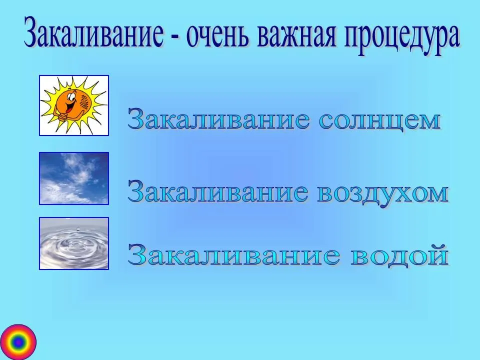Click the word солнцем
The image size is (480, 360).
click(379, 119)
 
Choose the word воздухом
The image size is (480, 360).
click(382, 193)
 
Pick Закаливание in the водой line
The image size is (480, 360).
click(234, 254)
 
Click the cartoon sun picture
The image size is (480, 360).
click(74, 105)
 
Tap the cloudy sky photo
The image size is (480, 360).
click(74, 178)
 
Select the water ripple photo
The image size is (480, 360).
click(74, 243)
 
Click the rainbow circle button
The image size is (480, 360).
click(18, 342)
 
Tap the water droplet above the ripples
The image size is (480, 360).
click(78, 228)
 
